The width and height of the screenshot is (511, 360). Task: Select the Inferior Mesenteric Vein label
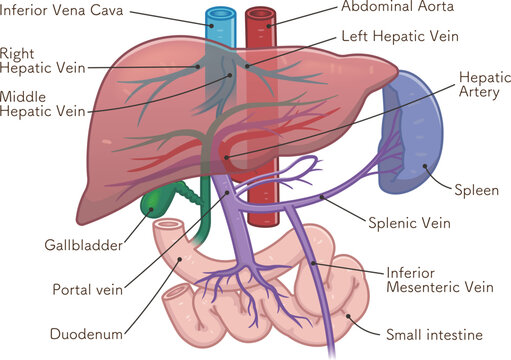(x=438, y=279)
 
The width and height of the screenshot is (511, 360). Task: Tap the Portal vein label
(x=86, y=290)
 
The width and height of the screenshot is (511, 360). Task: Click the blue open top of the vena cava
(x=218, y=14)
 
